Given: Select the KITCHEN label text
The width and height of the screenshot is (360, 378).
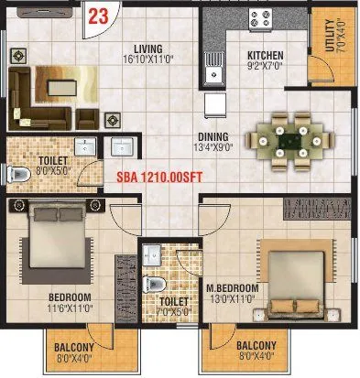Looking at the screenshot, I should point(264,55).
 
